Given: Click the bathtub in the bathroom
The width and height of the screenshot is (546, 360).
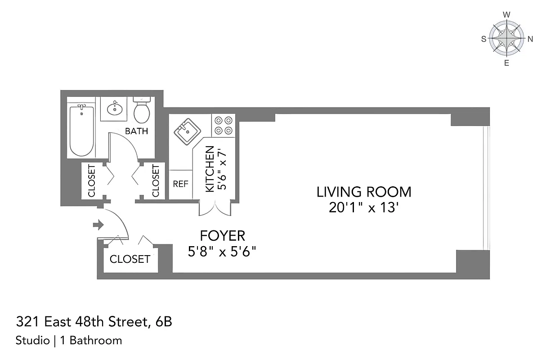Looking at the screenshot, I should click(82, 130).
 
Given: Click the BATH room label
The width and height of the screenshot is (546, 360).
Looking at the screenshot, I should click(136, 131).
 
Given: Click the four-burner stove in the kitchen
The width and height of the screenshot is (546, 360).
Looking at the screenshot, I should click(224, 125).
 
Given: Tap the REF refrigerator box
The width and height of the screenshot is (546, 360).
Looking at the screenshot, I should click(180, 184).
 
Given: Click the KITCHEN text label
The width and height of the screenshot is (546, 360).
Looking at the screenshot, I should click(210, 169).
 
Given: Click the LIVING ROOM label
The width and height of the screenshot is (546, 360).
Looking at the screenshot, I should click(363, 192).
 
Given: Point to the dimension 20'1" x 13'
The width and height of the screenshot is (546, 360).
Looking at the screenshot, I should click(364, 208).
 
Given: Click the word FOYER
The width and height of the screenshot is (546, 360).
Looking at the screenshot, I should click(222, 235).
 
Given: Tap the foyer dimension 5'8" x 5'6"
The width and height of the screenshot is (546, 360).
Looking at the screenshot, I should click(222, 251).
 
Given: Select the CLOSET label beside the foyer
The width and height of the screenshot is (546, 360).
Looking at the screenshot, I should click(130, 259).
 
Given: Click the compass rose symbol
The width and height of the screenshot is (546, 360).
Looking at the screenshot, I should click(506, 39).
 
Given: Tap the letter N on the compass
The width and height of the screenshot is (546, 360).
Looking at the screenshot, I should click(530, 39).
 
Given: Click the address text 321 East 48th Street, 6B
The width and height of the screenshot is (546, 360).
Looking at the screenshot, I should click(94, 322).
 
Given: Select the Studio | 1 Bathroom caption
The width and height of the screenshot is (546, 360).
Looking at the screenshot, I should click(68, 340).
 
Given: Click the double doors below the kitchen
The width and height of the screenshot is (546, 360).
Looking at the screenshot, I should click(215, 208).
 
